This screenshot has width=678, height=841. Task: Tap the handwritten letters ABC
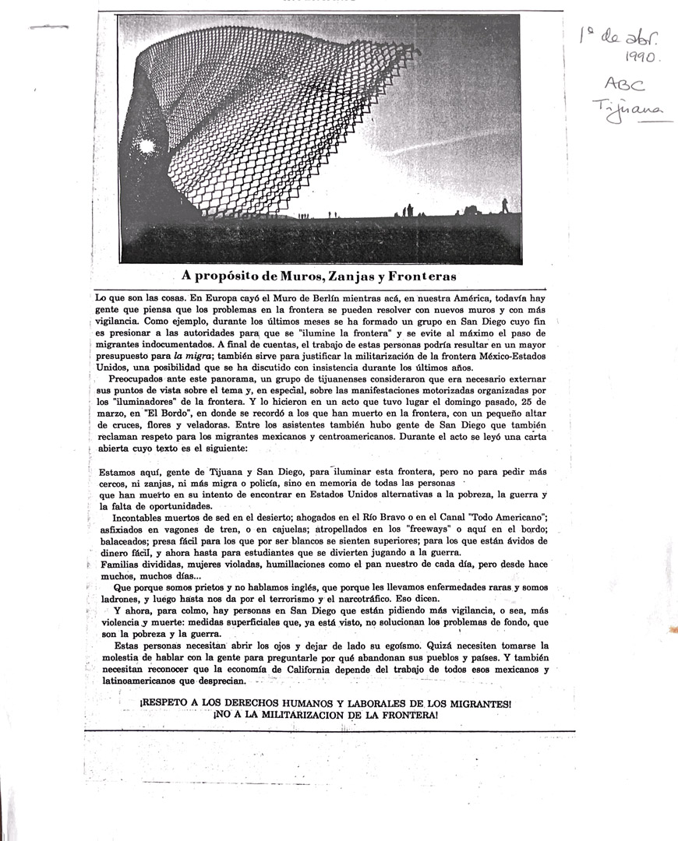coord(624,84)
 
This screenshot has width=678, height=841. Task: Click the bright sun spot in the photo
coord(145,146)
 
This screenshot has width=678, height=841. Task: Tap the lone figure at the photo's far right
coord(504,205)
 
